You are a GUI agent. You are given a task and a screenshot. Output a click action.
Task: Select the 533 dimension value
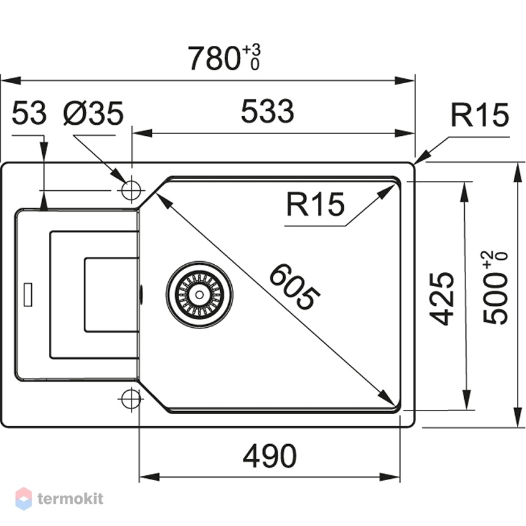click(267, 111)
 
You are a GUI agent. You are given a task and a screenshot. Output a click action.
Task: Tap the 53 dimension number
click(29, 113)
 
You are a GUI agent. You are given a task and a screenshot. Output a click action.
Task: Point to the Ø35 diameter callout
click(93, 113)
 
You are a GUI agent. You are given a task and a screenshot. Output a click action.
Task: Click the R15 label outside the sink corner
click(480, 115)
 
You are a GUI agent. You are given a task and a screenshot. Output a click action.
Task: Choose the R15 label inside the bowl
click(316, 204)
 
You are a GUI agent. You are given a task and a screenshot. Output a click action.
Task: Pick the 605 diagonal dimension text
click(295, 287)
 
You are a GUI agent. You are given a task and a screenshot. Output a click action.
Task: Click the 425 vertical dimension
click(442, 299)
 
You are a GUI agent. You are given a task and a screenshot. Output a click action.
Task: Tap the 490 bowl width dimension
click(270, 456)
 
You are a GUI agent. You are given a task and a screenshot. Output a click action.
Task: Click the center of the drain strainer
click(199, 295)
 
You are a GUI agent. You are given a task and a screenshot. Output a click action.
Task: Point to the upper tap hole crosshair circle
click(131, 190)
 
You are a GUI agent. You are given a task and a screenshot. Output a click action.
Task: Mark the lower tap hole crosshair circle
click(131, 399)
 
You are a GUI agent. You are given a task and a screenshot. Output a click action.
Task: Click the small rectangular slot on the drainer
click(28, 295)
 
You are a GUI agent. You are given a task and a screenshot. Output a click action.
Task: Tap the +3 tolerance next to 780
click(251, 50)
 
